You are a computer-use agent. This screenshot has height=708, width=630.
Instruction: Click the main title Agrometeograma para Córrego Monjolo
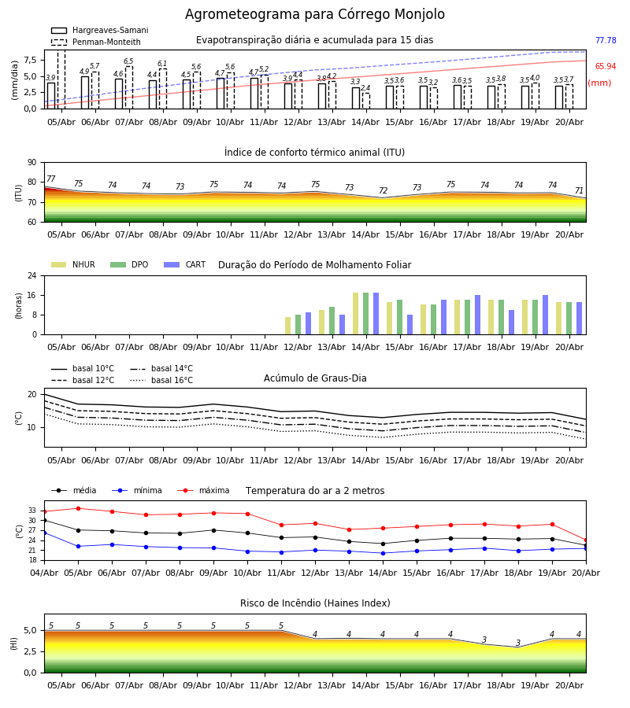314,14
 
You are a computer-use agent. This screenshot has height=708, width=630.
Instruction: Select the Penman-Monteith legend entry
96,42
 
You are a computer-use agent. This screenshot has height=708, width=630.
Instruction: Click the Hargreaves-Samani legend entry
99,30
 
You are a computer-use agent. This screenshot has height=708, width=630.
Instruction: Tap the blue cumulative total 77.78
606,40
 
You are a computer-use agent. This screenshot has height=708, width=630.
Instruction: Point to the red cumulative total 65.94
606,66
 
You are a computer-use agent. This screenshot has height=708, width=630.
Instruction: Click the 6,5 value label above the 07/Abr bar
128,61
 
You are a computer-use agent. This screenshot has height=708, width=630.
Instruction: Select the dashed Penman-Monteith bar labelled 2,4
365,101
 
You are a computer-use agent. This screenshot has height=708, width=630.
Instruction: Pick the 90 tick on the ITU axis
32,163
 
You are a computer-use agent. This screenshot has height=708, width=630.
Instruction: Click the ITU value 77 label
50,179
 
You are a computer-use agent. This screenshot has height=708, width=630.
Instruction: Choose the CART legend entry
185,264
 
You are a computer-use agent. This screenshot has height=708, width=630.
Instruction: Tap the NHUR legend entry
73,264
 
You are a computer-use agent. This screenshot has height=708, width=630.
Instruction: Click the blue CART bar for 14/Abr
376,314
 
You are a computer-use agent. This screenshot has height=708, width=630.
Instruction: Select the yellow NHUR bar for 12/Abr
288,326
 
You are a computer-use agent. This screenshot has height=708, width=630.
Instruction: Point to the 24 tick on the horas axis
32,275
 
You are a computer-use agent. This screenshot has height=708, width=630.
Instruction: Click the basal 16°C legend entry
161,380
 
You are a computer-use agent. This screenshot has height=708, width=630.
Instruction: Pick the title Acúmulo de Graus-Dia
315,378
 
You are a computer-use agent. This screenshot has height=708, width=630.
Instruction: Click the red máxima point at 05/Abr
78,508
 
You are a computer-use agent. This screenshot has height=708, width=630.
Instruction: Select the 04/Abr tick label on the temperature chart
44,573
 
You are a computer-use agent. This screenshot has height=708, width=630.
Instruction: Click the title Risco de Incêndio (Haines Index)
315,603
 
